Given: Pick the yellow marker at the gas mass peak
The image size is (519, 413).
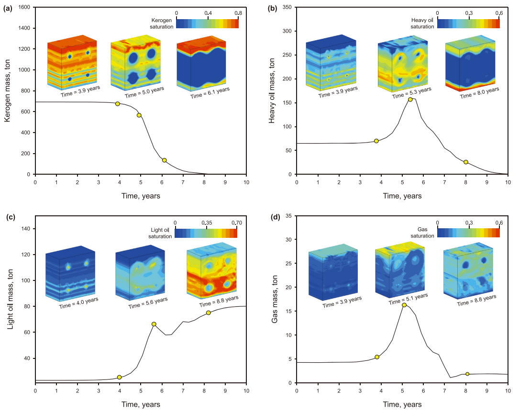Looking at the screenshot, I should (404, 305).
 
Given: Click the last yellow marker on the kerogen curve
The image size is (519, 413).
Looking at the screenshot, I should (164, 160).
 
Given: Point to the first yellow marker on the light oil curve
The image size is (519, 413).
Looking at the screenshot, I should (120, 378).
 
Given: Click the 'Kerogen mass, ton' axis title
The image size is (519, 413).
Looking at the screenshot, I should (8, 91).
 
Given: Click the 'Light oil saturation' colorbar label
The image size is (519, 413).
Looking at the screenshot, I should (159, 233).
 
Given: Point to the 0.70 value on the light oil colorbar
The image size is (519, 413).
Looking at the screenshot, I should (237, 223).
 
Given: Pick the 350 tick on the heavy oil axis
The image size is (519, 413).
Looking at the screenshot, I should (287, 7).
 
